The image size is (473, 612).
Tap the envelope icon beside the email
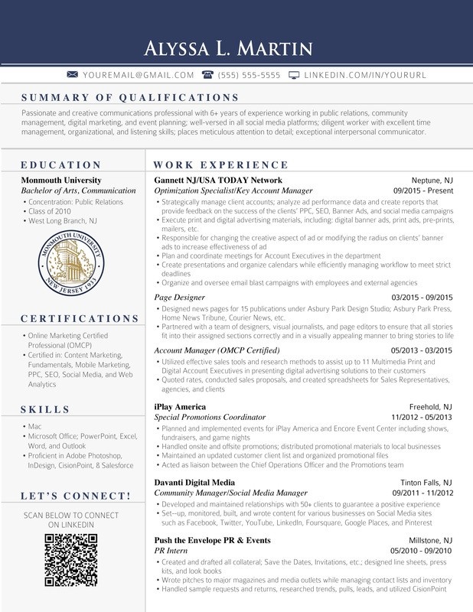(73, 75)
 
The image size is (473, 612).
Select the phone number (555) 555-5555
(238, 75)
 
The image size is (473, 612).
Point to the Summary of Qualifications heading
(124, 97)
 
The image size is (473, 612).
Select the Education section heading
(60, 164)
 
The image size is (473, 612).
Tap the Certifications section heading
(80, 318)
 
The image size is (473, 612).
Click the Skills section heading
(45, 409)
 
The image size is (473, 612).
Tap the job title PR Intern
(172, 551)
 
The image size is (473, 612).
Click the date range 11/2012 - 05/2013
(422, 418)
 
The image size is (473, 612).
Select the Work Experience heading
(221, 164)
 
